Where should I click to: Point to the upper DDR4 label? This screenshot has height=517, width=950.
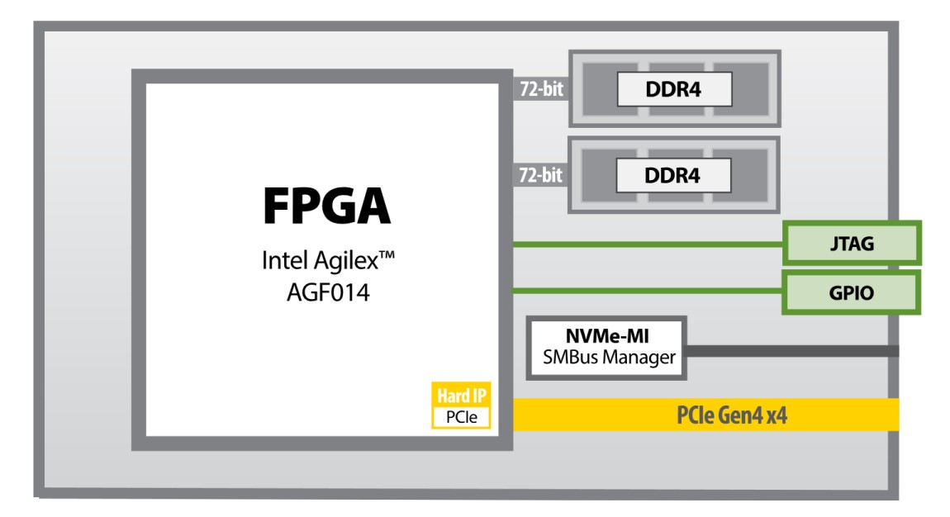tap(674, 89)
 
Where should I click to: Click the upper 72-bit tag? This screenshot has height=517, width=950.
tap(541, 89)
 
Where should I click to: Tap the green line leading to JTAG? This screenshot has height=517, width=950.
tap(644, 244)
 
